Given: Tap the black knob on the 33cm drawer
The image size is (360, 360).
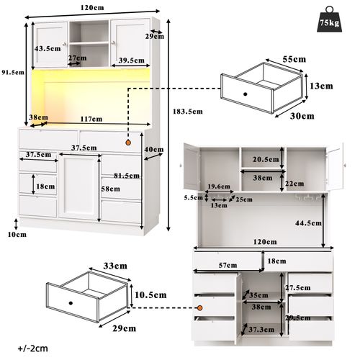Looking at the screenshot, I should click(71, 302).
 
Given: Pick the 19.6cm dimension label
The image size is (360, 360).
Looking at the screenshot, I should click(218, 186).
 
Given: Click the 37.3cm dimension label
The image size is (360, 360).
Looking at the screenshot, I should click(260, 329).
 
